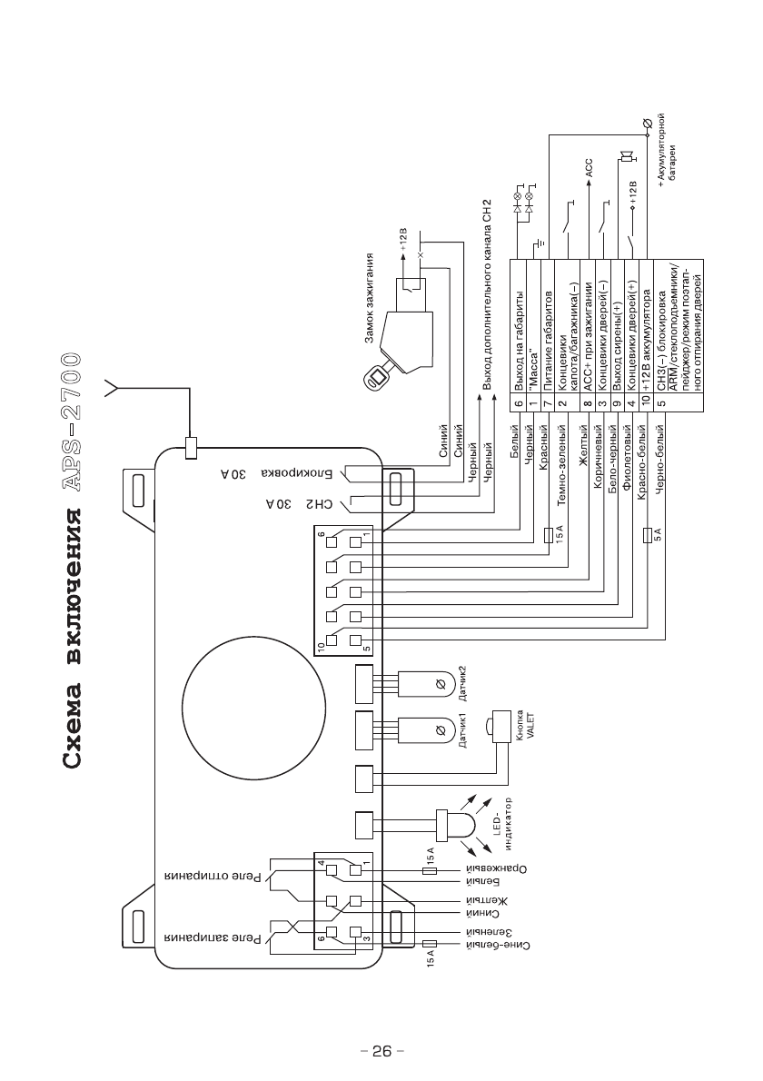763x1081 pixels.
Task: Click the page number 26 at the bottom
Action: pyautogui.click(x=381, y=1051)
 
